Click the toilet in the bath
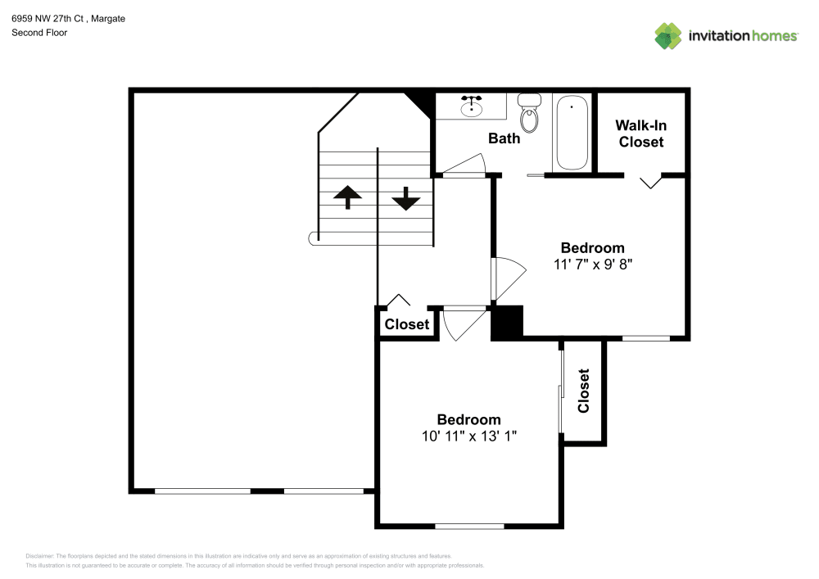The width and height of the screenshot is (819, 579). click(x=530, y=115)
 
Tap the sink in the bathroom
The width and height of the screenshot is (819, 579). click(x=471, y=106)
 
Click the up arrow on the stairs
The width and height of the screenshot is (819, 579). click(x=348, y=197)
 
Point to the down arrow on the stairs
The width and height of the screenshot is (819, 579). click(x=405, y=198)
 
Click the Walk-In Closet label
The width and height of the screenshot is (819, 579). click(x=640, y=133)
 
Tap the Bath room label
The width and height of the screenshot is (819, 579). click(x=504, y=138)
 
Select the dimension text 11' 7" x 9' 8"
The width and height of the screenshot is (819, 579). click(x=592, y=265)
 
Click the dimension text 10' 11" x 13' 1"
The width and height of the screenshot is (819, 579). click(x=468, y=437)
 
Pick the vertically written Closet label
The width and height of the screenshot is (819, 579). click(x=584, y=391)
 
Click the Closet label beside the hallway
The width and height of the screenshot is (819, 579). click(x=407, y=324)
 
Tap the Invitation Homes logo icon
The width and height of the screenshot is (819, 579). click(x=667, y=35)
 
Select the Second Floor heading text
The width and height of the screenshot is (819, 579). click(x=39, y=33)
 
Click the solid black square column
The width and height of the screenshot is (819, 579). click(x=507, y=321)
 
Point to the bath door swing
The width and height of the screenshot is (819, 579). click(x=464, y=165)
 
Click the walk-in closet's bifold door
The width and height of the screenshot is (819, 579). click(x=651, y=181)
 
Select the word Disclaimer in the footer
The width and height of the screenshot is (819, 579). click(x=40, y=555)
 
